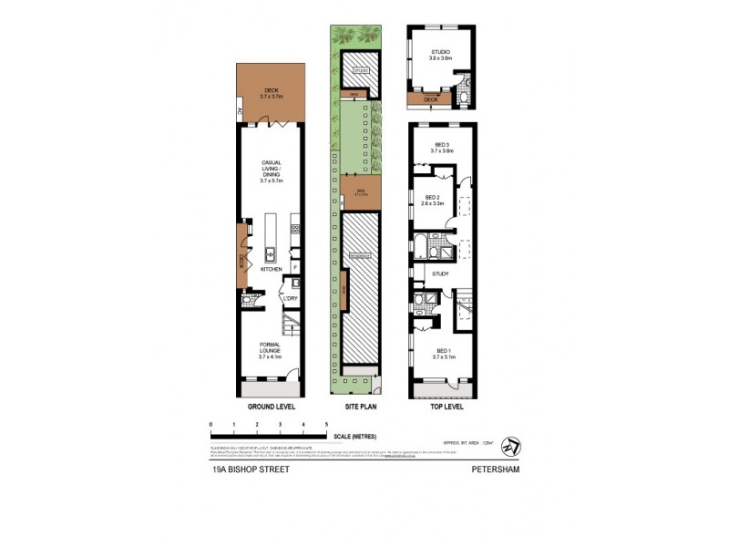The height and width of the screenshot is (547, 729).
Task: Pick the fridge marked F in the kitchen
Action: coord(294,265)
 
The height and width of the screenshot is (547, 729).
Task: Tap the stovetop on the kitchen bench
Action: coord(294,232)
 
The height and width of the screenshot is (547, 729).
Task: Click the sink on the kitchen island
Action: coord(271,254)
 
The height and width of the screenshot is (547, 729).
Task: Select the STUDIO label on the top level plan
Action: coord(440,53)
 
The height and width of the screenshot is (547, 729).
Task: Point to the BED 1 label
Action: coord(443,353)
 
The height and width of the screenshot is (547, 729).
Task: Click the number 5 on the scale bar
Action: coord(326,426)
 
